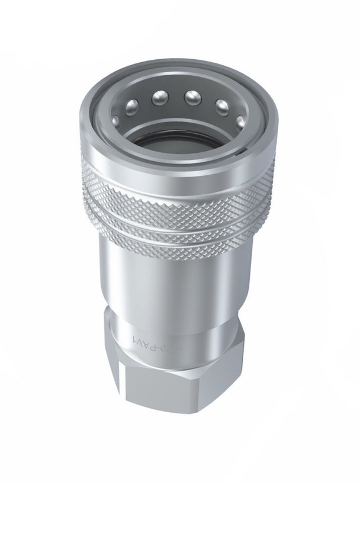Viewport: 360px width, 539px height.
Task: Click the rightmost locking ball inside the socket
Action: (241, 123)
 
